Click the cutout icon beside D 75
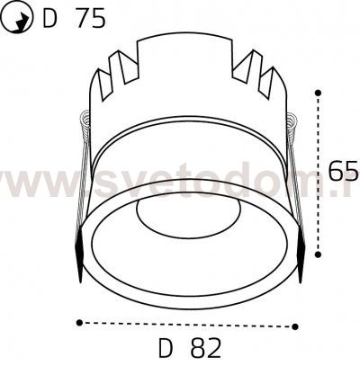tap(17, 18)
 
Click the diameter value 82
tap(204, 346)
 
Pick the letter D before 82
tap(166, 346)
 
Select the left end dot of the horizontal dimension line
tap(78, 320)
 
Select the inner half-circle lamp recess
tap(185, 216)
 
